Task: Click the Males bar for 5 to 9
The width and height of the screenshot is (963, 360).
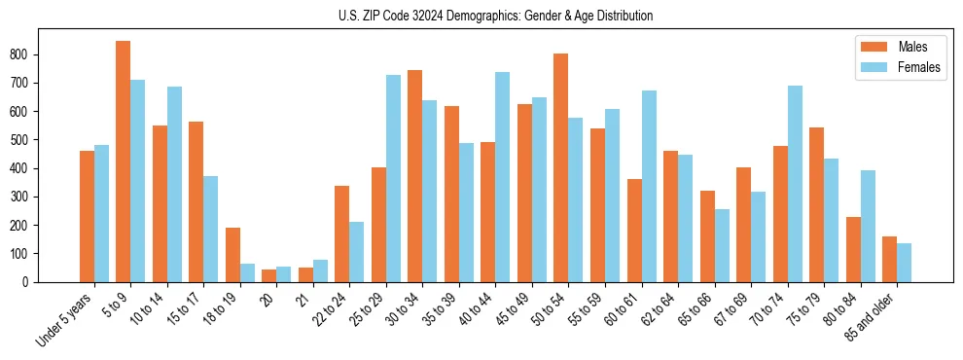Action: [124, 162]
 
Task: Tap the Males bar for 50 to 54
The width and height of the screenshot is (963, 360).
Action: [561, 167]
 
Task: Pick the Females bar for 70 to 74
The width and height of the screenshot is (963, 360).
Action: [795, 184]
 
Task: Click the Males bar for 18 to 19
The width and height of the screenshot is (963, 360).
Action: [232, 255]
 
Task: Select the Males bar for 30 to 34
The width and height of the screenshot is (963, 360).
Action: [415, 176]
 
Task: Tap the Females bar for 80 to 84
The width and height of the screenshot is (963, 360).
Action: [868, 226]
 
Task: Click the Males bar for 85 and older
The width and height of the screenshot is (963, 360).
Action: [889, 259]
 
